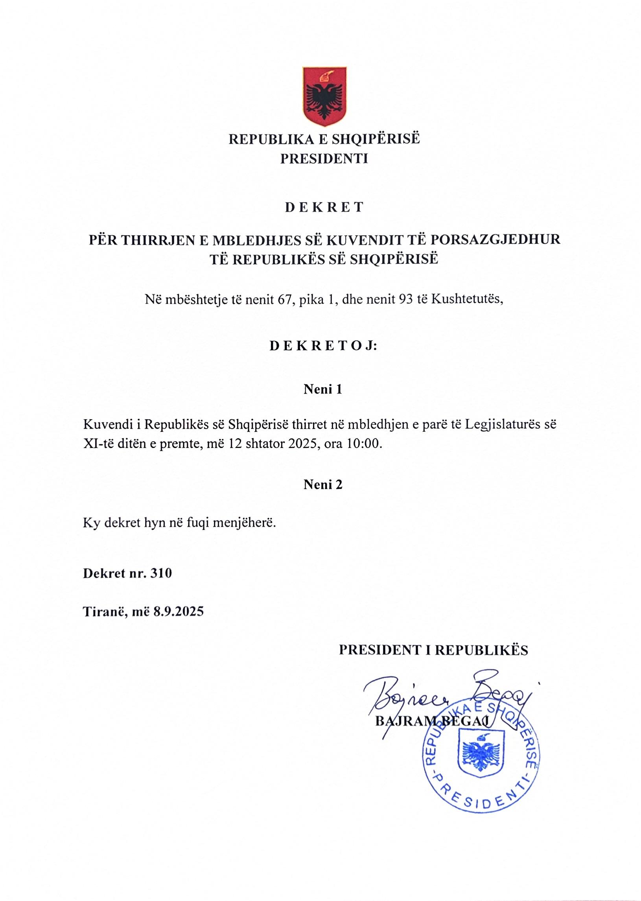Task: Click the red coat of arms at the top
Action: tap(324, 97)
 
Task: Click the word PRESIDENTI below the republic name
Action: tap(324, 158)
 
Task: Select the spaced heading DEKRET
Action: tap(324, 208)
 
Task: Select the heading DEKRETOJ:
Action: tap(323, 346)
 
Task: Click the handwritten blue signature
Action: tap(446, 698)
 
